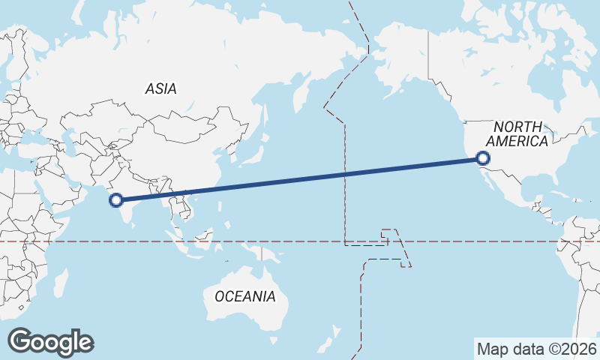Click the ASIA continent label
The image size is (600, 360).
tap(161, 88)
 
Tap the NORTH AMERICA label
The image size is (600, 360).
tap(517, 134)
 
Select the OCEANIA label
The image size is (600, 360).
tap(244, 296)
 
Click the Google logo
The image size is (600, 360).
tap(50, 342)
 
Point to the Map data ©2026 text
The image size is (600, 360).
tap(537, 349)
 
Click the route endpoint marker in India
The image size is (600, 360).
tap(115, 199)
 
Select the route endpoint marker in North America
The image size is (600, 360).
tap(482, 158)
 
